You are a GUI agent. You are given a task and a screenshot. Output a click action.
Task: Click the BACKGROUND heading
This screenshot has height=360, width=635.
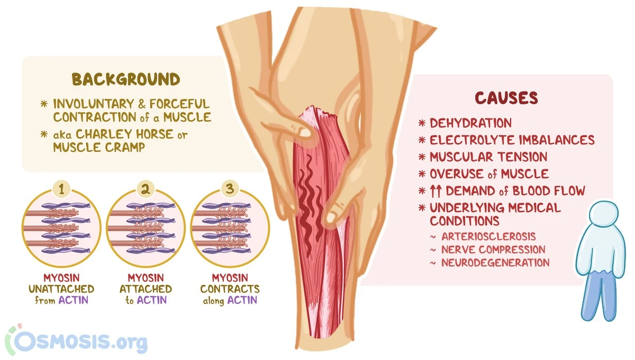[x=126, y=79]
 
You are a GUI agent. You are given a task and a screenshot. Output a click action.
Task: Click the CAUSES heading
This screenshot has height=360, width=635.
[x=506, y=98]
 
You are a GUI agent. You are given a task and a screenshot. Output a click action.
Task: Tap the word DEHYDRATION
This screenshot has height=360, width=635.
[x=470, y=123]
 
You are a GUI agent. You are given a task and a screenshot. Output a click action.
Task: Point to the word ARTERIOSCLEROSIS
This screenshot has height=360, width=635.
[x=488, y=236]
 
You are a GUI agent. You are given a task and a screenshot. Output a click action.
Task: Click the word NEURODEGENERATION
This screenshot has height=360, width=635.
[x=495, y=263]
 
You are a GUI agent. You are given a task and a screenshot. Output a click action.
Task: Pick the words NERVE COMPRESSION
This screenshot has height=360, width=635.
[x=493, y=250]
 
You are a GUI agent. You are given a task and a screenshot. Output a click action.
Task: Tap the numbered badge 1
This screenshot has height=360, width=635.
[x=61, y=189]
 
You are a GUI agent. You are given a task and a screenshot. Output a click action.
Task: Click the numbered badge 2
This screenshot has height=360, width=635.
[x=146, y=189]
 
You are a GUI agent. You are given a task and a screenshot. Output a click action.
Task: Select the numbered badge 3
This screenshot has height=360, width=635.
[x=230, y=188]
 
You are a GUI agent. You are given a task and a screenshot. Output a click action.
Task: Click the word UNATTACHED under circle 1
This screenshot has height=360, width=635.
[x=61, y=289]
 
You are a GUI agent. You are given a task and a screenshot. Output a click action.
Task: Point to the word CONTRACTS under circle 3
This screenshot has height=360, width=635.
[x=230, y=289]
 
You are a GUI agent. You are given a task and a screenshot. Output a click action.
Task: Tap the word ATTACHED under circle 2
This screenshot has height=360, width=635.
[x=146, y=289]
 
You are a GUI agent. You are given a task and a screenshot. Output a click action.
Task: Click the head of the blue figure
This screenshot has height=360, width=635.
[x=603, y=213]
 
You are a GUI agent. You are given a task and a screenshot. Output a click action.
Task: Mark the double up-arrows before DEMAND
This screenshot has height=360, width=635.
[x=436, y=191]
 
